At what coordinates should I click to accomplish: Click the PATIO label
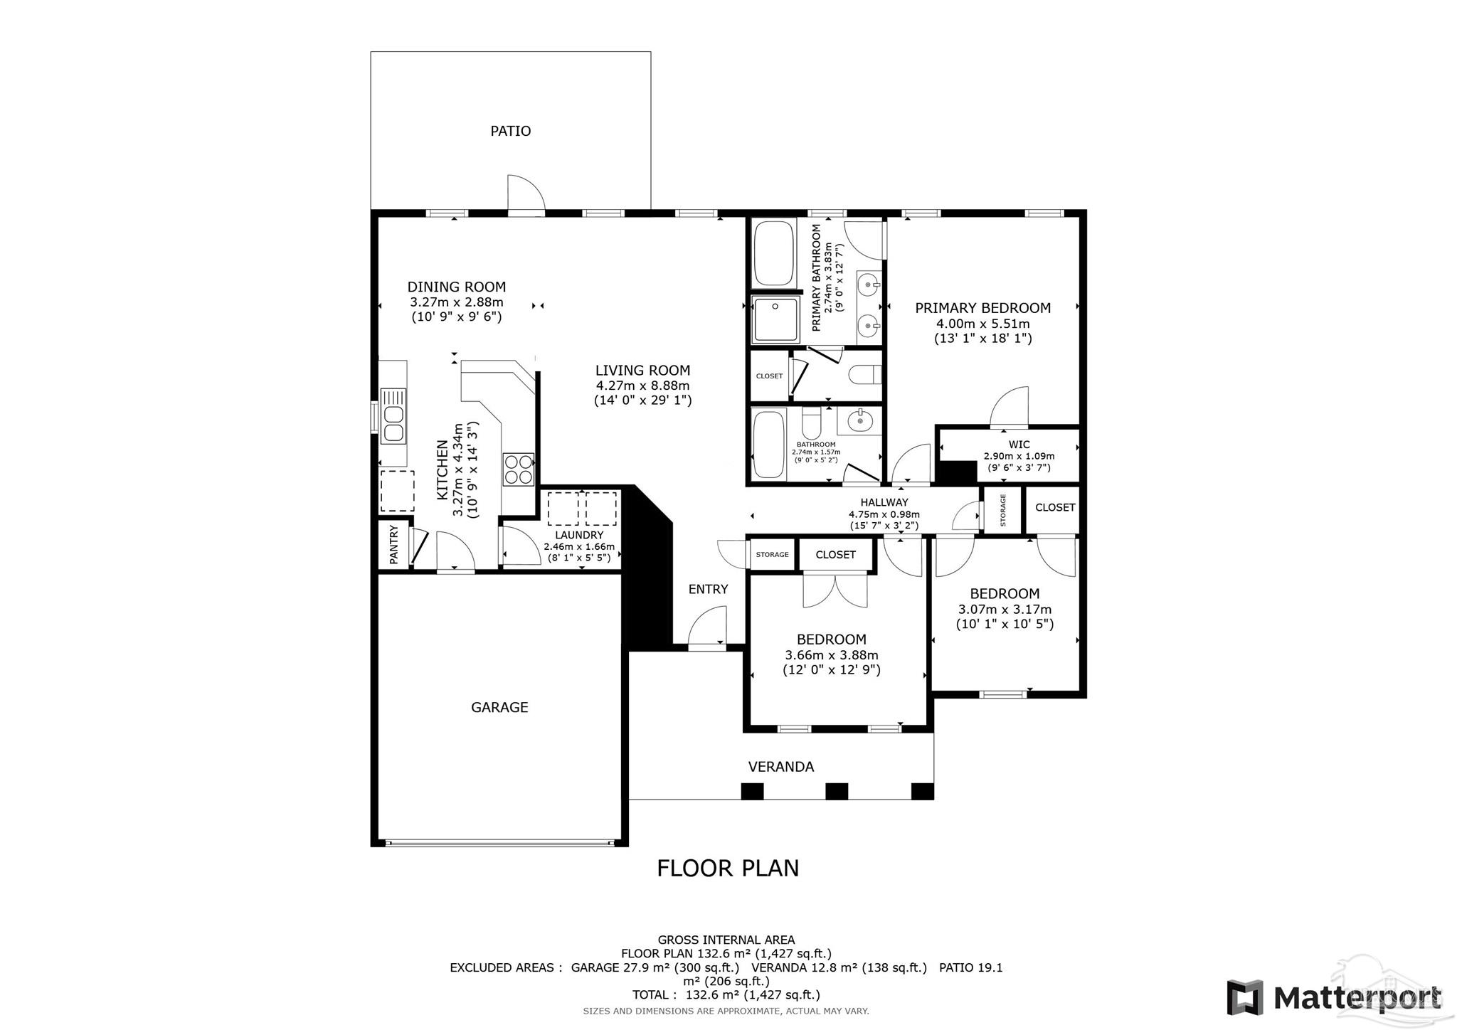tap(510, 131)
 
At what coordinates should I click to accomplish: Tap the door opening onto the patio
tap(525, 194)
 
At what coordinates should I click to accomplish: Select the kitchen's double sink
tap(393, 415)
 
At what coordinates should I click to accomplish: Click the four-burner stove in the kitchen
tap(519, 469)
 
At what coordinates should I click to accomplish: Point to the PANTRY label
tap(394, 544)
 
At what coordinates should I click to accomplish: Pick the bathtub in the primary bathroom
tap(773, 254)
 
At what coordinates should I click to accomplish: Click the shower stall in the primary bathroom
tap(776, 320)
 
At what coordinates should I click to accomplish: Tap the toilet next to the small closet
tap(867, 374)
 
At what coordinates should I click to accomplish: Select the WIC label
tap(1019, 445)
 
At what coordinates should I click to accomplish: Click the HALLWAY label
tap(884, 502)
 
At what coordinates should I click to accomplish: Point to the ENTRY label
tap(708, 589)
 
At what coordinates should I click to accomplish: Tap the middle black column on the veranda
tap(837, 791)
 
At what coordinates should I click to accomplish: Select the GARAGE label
tap(499, 707)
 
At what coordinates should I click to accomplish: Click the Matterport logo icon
tap(1244, 997)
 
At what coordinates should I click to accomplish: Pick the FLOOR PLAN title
tap(727, 869)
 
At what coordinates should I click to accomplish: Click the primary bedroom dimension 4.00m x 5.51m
tap(982, 324)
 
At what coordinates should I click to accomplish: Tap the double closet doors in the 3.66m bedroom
tap(835, 590)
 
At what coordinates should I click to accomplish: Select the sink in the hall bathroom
tap(859, 420)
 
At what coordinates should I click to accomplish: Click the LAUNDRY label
tap(579, 535)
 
